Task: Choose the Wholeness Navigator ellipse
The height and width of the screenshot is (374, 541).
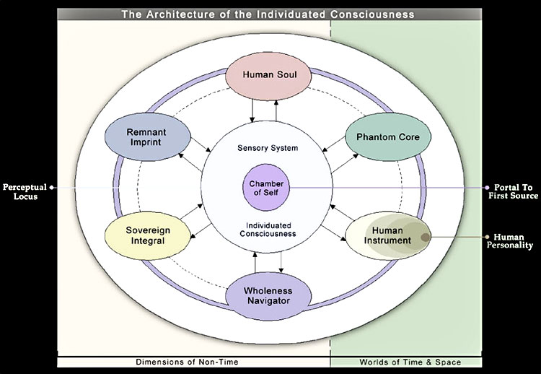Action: point(268,296)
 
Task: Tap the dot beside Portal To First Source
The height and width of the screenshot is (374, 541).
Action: point(486,187)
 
